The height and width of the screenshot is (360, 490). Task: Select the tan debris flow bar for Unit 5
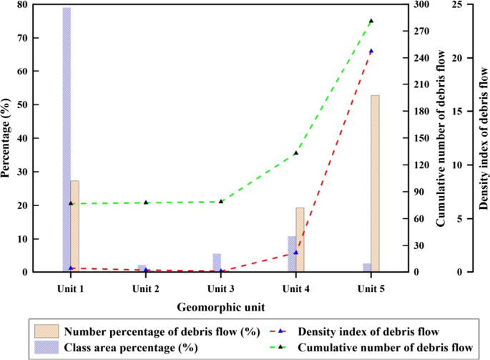(375, 183)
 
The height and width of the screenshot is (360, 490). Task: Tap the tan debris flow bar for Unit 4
(300, 240)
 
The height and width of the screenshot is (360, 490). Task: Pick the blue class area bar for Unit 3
(217, 263)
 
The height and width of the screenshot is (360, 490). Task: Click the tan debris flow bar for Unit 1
(74, 226)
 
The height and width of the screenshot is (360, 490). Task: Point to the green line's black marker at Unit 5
(371, 21)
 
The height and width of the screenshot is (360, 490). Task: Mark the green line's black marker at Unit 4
(295, 153)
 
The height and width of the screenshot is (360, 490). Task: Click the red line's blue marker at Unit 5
(371, 52)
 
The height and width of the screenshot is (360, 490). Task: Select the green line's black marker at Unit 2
(146, 203)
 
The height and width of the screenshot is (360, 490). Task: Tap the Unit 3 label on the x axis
(220, 288)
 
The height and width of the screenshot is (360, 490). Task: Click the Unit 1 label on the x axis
(70, 288)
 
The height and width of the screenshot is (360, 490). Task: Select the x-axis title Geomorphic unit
(221, 306)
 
